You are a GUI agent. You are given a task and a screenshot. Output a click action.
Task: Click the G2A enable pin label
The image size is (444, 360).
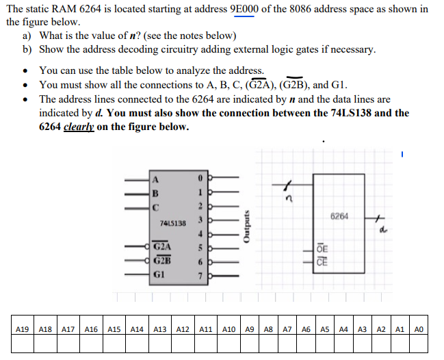tap(163, 246)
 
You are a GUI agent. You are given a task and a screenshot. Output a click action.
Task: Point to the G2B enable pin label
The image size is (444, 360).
tap(163, 260)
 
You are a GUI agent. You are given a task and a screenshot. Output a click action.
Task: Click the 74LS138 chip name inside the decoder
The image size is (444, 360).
tap(172, 223)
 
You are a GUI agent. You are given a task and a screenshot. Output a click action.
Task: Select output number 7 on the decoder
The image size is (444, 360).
tap(200, 275)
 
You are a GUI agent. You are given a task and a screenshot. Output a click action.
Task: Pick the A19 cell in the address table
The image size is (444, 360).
tap(22, 329)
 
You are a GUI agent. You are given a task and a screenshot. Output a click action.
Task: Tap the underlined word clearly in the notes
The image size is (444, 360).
tap(79, 127)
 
